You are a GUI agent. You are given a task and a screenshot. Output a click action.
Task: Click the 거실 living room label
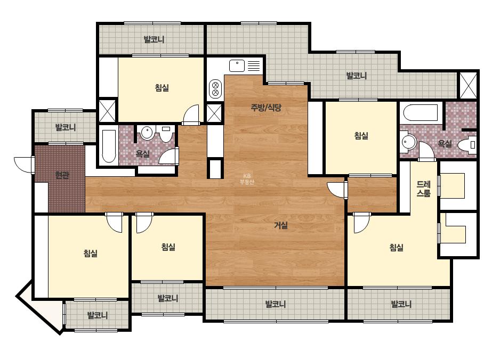[281, 225]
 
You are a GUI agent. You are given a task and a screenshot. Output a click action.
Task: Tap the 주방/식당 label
[266, 108]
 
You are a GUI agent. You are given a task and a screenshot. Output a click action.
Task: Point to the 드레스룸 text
[424, 189]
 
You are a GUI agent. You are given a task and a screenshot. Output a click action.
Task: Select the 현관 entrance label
[62, 175]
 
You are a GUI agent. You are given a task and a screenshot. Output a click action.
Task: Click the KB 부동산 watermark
[247, 179]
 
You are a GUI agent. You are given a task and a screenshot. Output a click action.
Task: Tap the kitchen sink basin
[237, 66]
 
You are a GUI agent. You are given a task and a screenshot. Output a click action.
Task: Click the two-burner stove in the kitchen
[215, 88]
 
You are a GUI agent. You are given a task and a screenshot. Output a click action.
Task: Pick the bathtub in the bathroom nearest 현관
[109, 146]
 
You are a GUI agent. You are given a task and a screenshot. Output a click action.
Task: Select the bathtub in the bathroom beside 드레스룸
[421, 112]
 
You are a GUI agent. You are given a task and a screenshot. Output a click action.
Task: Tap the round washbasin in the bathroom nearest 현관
[147, 133]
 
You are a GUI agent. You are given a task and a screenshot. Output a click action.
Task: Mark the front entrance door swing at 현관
[24, 165]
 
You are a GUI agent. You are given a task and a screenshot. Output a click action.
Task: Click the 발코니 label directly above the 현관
[66, 127]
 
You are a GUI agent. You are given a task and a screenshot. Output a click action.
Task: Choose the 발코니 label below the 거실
[276, 304]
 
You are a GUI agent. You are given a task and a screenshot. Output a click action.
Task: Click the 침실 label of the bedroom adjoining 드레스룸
[396, 248]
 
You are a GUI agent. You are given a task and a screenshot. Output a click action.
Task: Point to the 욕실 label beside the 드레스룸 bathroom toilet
[445, 144]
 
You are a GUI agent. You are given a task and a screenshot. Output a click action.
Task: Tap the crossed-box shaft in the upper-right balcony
[468, 85]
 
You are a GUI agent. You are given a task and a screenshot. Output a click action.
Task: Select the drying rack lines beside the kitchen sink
[254, 66]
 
